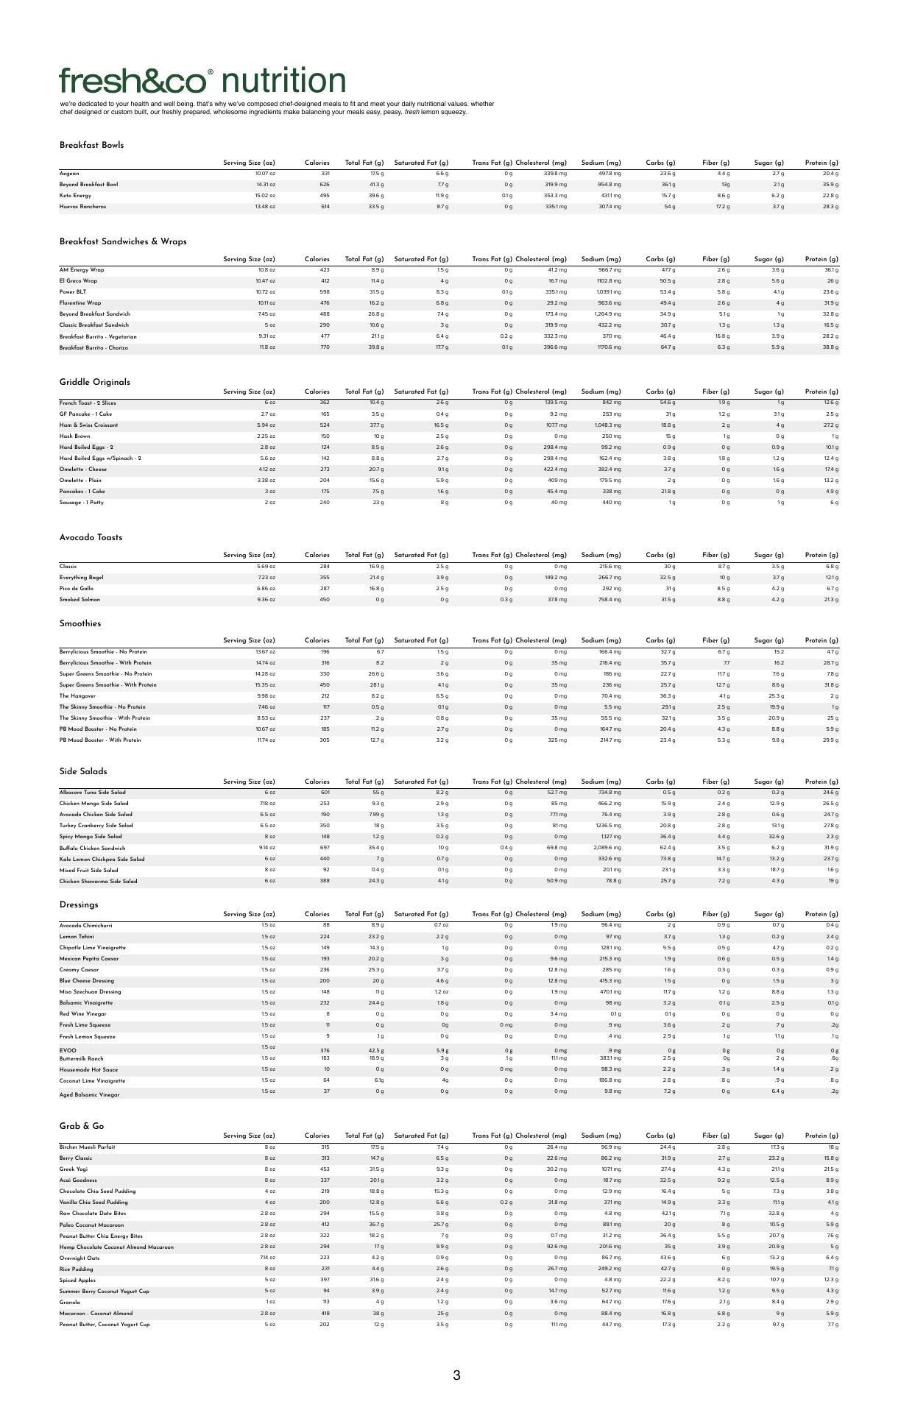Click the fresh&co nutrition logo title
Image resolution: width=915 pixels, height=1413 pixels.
[202, 81]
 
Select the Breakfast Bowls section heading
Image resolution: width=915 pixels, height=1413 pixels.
[91, 145]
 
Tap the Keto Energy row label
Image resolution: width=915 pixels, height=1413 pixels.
[75, 196]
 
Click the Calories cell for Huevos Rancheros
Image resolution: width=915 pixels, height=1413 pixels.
[324, 207]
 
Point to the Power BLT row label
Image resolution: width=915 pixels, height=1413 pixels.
[73, 292]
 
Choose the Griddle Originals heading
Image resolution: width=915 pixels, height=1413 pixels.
[94, 382]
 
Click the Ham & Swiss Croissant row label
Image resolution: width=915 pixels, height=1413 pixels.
[88, 425]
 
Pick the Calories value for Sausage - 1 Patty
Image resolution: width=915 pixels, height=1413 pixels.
[324, 503]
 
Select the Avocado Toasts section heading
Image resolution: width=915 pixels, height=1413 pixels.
[91, 537]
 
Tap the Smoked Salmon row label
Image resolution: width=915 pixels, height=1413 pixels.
[80, 600]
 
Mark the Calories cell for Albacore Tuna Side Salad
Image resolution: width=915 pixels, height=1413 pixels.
[324, 793]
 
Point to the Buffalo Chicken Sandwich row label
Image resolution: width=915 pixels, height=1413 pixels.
[93, 848]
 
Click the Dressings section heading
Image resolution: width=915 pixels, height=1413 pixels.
[79, 904]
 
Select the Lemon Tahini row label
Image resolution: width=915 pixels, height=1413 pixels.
[77, 937]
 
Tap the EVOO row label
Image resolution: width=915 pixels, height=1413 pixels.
[68, 1050]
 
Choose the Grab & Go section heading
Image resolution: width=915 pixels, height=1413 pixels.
[82, 1126]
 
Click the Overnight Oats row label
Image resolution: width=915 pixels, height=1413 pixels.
[80, 1258]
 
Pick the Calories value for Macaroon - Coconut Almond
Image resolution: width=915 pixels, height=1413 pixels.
[324, 1313]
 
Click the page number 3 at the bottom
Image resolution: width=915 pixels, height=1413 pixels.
[456, 1375]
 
